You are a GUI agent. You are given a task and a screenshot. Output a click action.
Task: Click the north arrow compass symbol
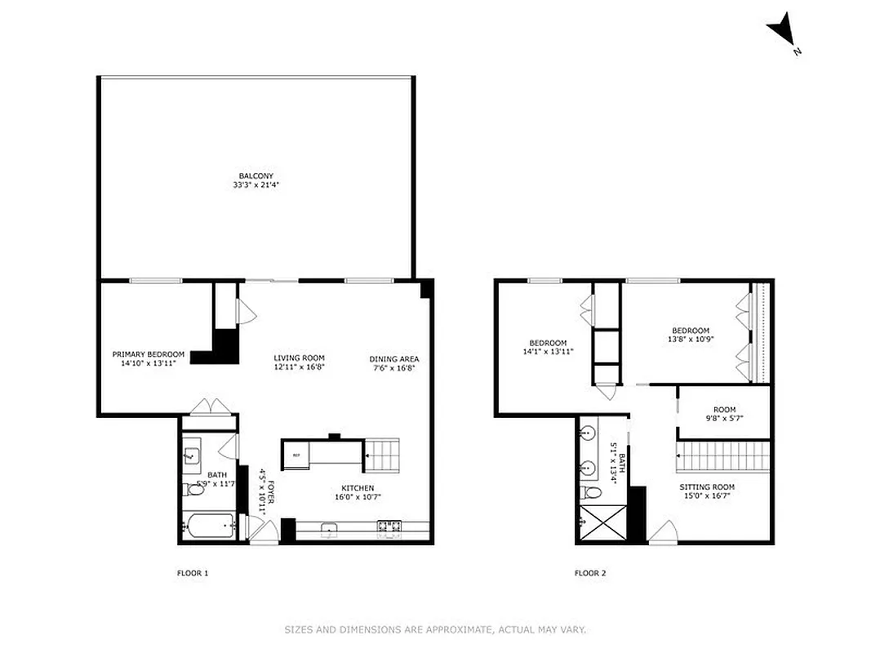[781, 30]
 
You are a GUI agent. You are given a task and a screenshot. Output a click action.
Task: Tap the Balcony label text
[256, 180]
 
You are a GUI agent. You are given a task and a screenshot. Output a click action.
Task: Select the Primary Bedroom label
[148, 358]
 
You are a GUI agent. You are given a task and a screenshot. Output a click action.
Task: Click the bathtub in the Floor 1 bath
[207, 526]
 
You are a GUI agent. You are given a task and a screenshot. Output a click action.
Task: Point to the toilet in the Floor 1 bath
[193, 489]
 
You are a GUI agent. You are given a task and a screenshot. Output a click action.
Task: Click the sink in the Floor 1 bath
[192, 455]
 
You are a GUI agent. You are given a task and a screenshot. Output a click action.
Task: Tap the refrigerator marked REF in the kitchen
[296, 455]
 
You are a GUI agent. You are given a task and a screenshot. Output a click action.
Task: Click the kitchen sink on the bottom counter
[330, 528]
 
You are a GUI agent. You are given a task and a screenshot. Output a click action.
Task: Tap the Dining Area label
[394, 363]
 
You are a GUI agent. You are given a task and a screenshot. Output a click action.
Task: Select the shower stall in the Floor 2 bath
[602, 523]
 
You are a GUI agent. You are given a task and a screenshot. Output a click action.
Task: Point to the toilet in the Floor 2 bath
[591, 492]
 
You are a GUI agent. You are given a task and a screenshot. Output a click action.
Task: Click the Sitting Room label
[707, 491]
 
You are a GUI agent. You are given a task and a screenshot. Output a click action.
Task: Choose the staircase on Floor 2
[723, 456]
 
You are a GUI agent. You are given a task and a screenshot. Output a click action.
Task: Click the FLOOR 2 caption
[590, 573]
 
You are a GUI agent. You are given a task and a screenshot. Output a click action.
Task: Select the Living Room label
[299, 362]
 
